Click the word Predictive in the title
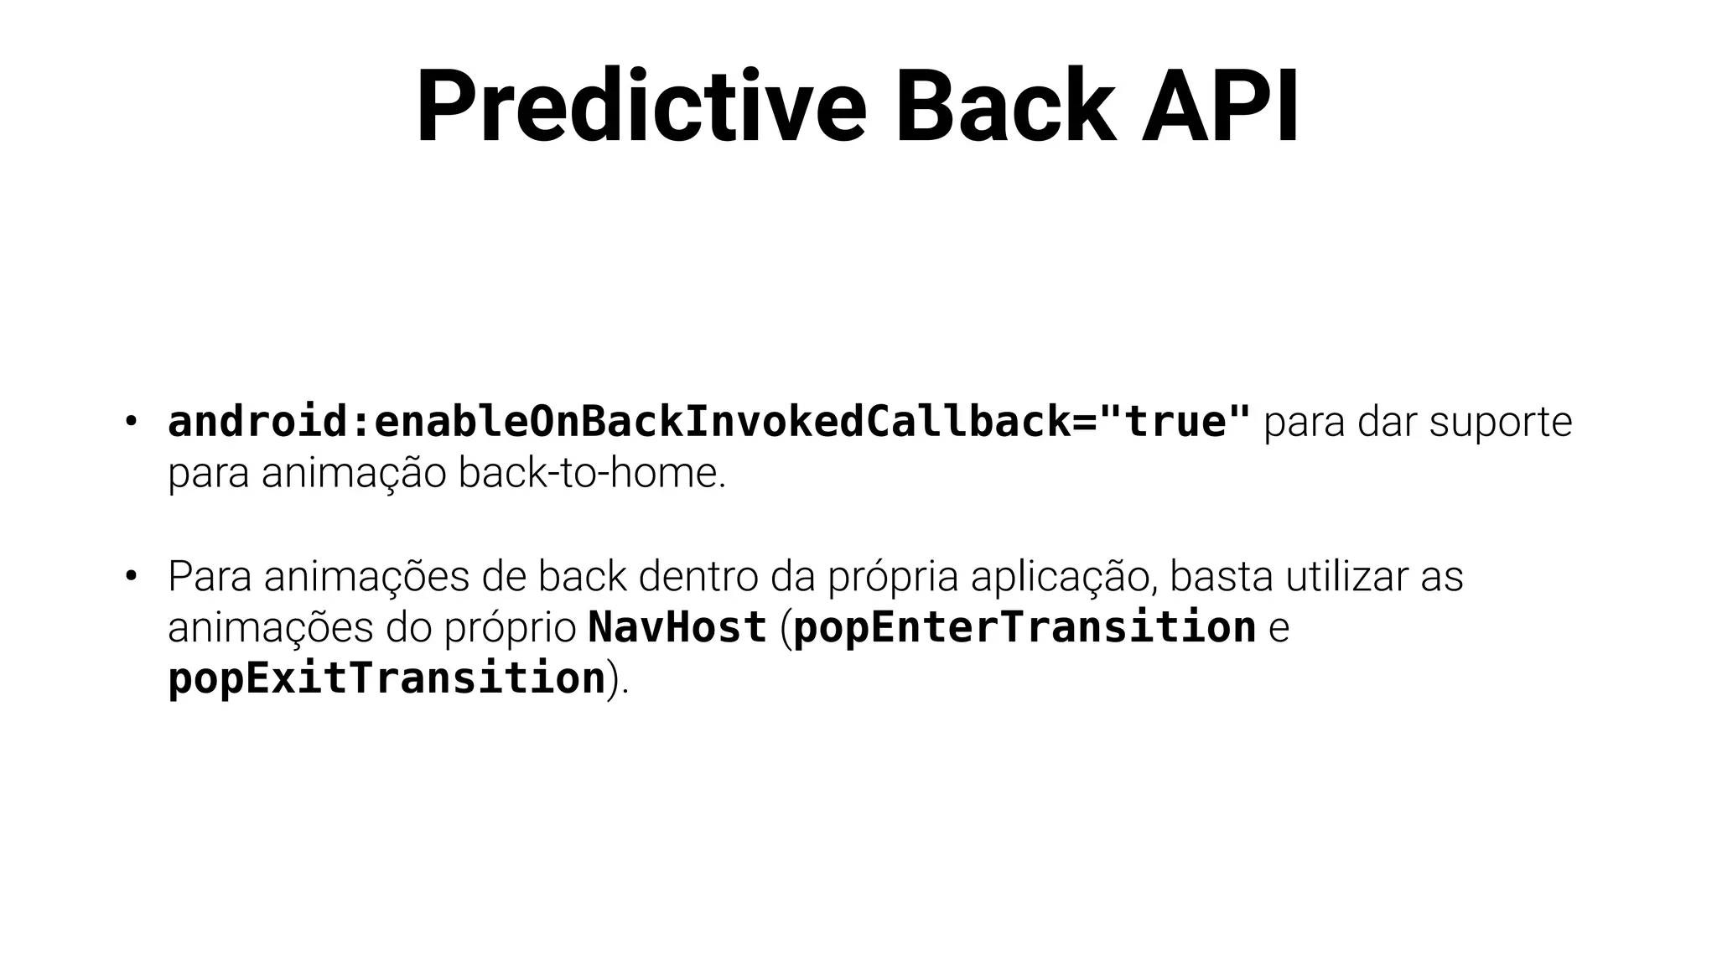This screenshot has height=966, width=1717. pos(641,107)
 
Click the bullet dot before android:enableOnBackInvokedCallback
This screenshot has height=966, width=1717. pos(130,422)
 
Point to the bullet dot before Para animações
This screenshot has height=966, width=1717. pos(130,576)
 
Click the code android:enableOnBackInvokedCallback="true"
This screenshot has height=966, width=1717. pos(709,422)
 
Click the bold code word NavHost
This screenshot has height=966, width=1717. pos(677,627)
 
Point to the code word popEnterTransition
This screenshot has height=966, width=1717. pos(1024,629)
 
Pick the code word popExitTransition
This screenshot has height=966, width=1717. pos(386,679)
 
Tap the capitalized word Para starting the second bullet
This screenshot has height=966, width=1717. pos(210,576)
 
